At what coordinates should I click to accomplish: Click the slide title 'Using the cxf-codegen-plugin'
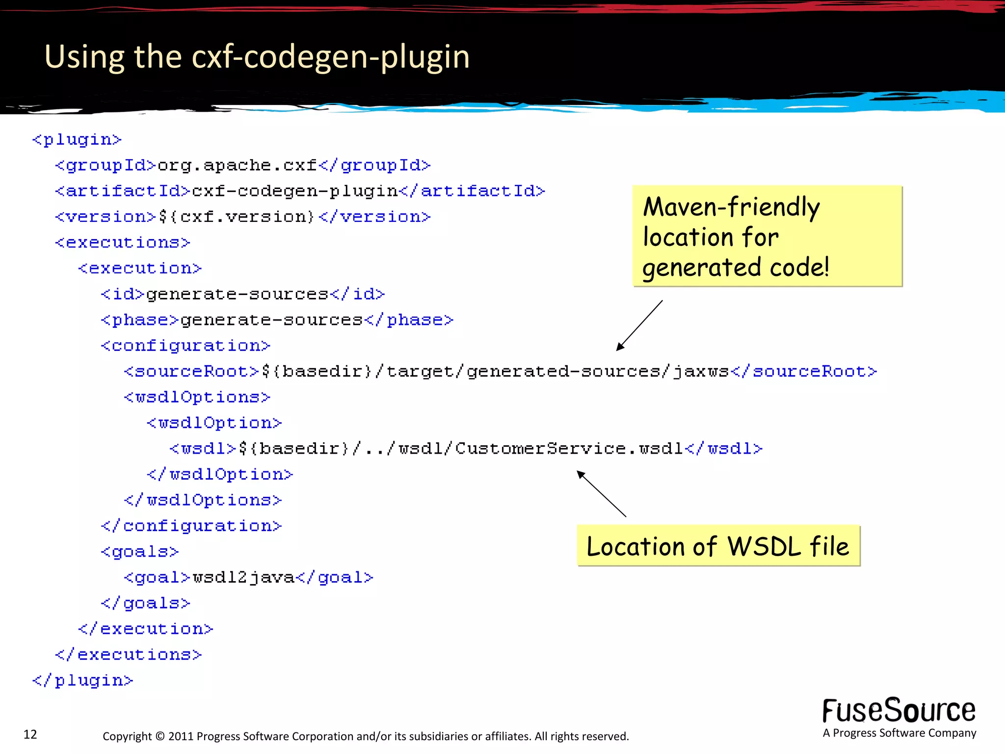click(257, 56)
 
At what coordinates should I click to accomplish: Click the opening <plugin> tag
click(77, 140)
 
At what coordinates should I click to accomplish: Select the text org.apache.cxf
click(237, 165)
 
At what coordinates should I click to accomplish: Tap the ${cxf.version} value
click(237, 217)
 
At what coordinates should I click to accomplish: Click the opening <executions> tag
click(122, 242)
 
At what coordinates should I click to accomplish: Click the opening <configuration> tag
click(185, 346)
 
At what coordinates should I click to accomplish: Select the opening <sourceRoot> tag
click(191, 372)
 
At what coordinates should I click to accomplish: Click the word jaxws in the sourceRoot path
click(701, 372)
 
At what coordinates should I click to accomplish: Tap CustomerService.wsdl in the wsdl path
click(569, 449)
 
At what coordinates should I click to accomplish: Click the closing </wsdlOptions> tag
click(203, 500)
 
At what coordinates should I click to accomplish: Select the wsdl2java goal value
click(243, 577)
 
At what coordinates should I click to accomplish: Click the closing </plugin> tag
click(82, 680)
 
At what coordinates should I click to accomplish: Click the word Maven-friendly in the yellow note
click(731, 207)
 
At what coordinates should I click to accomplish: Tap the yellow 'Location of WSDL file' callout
click(718, 546)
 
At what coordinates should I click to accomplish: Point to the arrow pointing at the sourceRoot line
click(639, 325)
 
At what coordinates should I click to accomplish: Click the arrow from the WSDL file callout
click(601, 493)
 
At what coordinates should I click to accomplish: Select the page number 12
click(30, 734)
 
